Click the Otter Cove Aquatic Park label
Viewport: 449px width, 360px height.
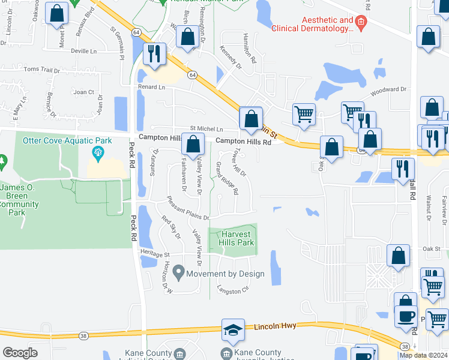(67, 141)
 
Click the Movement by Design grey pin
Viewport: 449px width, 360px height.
(178, 274)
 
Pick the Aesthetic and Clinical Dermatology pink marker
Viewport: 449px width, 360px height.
(361, 25)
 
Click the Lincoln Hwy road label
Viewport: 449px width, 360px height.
(275, 326)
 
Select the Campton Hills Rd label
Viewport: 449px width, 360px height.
(244, 142)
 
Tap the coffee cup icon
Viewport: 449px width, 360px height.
(406, 316)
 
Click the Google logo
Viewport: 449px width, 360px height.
(20, 353)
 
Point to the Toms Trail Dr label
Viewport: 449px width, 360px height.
(41, 70)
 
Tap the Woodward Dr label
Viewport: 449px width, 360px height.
(388, 90)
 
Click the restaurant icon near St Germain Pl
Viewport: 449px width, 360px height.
(154, 54)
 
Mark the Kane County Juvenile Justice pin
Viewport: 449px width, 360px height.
(226, 353)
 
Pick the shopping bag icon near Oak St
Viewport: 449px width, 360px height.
(398, 256)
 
